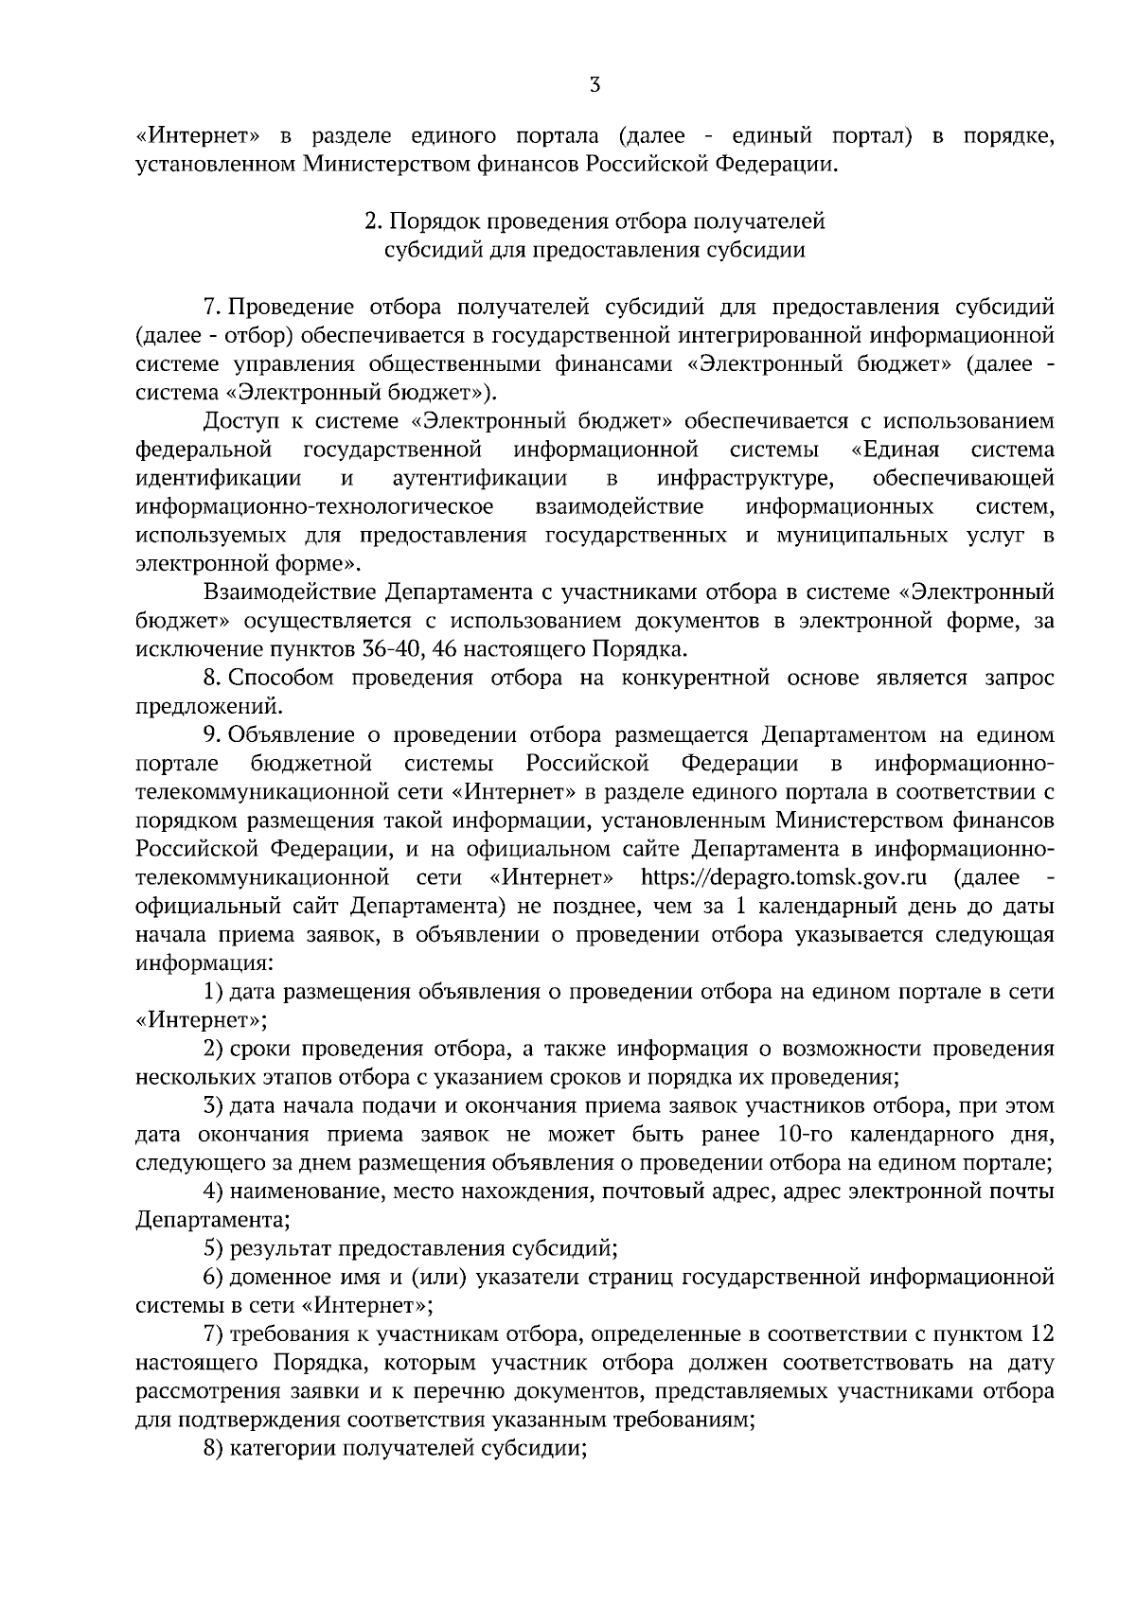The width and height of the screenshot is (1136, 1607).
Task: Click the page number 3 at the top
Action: [594, 85]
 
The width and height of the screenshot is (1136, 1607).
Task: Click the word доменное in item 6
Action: [277, 1277]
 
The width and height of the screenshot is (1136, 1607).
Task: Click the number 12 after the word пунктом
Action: [1039, 1333]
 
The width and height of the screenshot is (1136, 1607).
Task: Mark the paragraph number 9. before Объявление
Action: [211, 735]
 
